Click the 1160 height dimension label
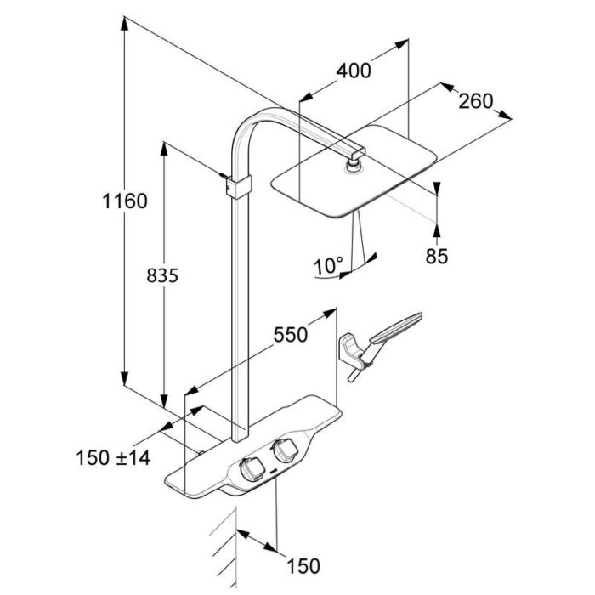tap(124, 202)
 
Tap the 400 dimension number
tap(354, 71)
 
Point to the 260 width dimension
tap(475, 101)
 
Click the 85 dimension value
tap(437, 255)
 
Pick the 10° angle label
tap(327, 265)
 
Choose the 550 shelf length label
tap(289, 335)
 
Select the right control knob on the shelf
tap(282, 451)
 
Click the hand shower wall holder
tap(351, 350)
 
